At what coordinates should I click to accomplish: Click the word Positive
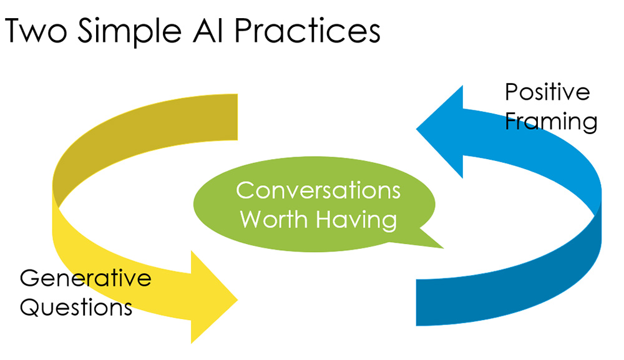point(547,92)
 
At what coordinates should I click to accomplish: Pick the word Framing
point(551,121)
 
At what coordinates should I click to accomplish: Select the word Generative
point(85,278)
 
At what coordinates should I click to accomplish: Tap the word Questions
point(76,307)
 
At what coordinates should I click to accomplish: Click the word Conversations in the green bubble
point(318,190)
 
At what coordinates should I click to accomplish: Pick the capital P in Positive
point(511,92)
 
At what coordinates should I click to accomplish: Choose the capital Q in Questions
point(30,307)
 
